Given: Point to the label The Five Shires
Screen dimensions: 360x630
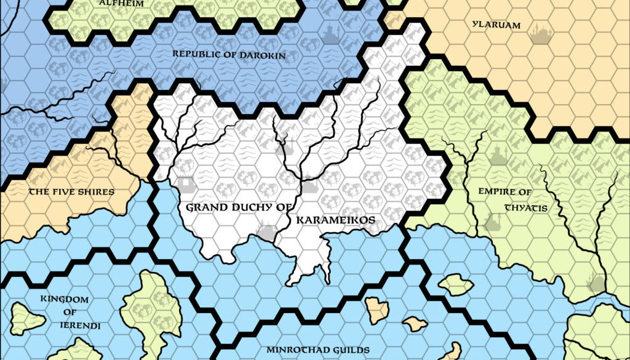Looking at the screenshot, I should pyautogui.click(x=71, y=192).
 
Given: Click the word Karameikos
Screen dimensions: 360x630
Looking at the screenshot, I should pyautogui.click(x=335, y=220).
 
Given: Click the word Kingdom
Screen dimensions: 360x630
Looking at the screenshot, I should pyautogui.click(x=65, y=300).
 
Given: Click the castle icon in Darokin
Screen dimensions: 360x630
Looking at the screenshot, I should pyautogui.click(x=330, y=34).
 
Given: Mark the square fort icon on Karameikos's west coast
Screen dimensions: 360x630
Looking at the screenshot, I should pyautogui.click(x=185, y=184).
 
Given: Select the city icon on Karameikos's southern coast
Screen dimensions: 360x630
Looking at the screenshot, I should pyautogui.click(x=267, y=233).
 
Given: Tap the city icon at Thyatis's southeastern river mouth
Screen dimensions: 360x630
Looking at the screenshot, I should pyautogui.click(x=595, y=283).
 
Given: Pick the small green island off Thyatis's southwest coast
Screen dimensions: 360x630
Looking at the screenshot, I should pyautogui.click(x=456, y=284).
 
